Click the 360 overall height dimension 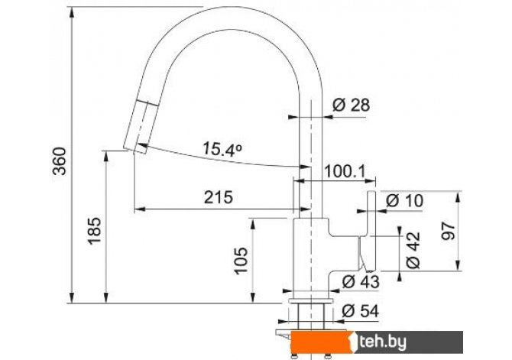(60, 161)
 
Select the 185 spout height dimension (94, 231)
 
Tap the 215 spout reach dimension (219, 197)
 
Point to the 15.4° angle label (222, 149)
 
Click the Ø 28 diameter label (351, 105)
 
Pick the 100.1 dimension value (345, 171)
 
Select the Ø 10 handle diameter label (404, 200)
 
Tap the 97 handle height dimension (448, 231)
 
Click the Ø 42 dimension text (413, 250)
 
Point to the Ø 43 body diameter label (361, 281)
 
